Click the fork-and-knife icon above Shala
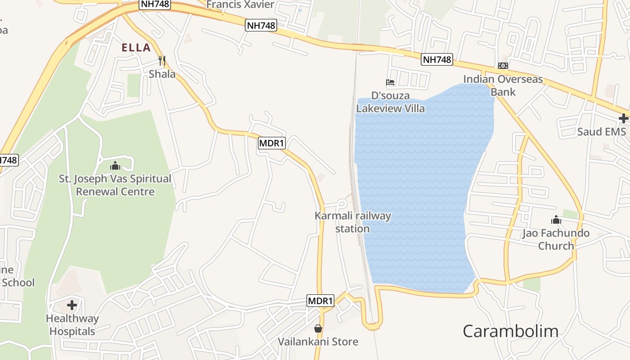(162, 60)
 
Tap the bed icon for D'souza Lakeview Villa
(390, 82)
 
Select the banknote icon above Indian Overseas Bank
(503, 66)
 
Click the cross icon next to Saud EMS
(623, 118)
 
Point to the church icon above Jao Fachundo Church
(556, 220)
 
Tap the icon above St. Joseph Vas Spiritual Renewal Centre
(115, 166)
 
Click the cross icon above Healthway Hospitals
(72, 306)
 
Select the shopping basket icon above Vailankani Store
(318, 328)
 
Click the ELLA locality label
(136, 48)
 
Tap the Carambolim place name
(510, 331)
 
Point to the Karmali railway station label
(353, 222)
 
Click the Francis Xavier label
(240, 5)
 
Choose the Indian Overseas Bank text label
(503, 85)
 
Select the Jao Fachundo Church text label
(556, 239)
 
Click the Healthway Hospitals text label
(72, 325)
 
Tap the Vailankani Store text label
(318, 342)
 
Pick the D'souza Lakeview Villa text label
(391, 102)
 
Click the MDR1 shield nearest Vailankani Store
(320, 301)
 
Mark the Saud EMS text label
(602, 132)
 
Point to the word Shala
(162, 74)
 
